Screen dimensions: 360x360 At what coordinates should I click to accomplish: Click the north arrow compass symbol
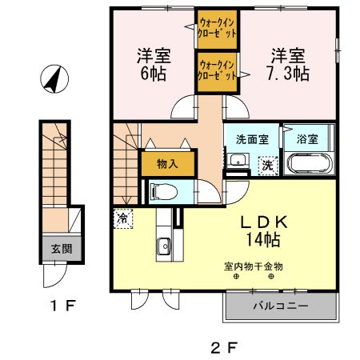coord(53,78)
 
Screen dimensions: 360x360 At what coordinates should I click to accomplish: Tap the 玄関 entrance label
coord(61,249)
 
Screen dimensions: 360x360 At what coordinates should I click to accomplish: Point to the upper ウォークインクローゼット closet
coord(217,29)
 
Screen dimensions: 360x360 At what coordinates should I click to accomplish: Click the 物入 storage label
coord(167,164)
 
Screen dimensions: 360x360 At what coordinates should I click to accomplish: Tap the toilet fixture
coord(161,190)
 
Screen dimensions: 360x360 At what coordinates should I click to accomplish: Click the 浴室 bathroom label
coord(307,138)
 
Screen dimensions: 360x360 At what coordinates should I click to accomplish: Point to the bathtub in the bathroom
coord(307,165)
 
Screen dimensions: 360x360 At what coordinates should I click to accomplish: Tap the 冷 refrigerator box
coord(123,218)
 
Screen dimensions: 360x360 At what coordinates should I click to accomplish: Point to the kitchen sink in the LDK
coord(164,246)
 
